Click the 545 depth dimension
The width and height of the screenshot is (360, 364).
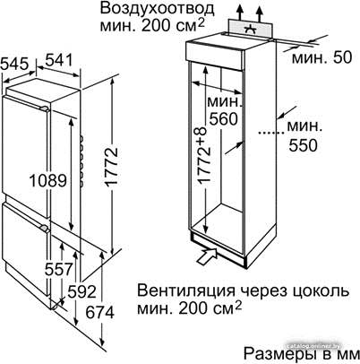[15, 65]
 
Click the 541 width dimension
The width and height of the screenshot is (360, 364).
[59, 60]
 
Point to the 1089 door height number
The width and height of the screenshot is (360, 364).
[48, 181]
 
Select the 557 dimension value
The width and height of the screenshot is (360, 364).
[59, 269]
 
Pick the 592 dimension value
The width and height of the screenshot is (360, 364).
[81, 291]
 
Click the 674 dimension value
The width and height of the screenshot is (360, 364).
[100, 313]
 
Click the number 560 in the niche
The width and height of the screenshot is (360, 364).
[223, 118]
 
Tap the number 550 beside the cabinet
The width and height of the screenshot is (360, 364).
[303, 145]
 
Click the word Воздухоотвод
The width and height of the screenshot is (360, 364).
[157, 8]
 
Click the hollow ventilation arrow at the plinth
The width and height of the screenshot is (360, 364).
[208, 256]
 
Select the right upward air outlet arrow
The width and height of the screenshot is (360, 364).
[260, 14]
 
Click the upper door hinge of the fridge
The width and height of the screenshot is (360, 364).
[45, 108]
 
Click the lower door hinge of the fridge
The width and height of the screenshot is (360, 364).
[44, 228]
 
